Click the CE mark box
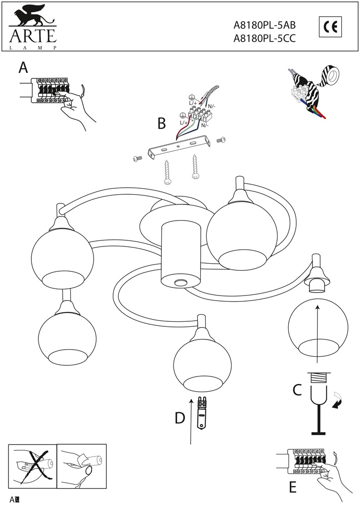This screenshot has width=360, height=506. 331,27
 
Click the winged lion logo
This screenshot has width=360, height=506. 30,17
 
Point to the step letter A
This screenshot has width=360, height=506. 23,67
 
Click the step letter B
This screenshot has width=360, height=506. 162,123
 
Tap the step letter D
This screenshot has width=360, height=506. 179,418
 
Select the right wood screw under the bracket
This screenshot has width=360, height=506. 195,167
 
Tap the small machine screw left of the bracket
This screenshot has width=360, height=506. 136,159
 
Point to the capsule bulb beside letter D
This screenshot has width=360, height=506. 203,412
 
